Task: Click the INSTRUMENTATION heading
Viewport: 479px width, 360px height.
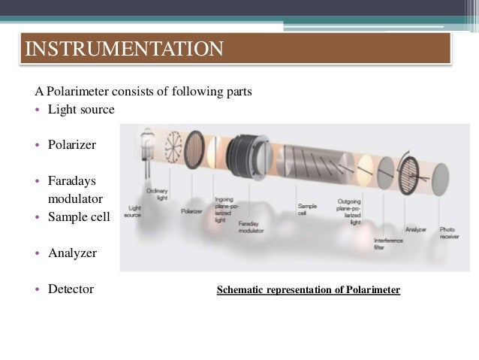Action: (125, 50)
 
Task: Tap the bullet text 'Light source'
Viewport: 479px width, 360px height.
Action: (81, 110)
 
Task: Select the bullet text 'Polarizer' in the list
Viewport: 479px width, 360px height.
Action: (72, 144)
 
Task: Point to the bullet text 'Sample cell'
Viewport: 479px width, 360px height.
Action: (79, 216)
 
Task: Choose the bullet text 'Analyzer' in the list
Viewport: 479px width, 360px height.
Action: (72, 253)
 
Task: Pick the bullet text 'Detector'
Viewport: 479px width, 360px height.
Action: (71, 288)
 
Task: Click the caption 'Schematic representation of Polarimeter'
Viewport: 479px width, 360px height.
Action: (308, 289)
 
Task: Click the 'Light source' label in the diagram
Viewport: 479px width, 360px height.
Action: (135, 211)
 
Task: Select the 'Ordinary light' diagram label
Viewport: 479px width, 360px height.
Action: (158, 194)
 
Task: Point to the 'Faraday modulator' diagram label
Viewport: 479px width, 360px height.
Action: (250, 225)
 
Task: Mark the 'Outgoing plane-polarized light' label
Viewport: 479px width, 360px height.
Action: (351, 212)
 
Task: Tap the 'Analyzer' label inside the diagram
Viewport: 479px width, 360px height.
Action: (416, 228)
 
